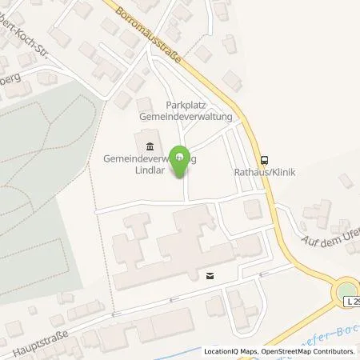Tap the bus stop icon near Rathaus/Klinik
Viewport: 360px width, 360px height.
[x=265, y=158]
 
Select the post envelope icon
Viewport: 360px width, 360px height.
[x=210, y=275]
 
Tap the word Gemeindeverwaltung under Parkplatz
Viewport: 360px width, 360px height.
[x=185, y=117]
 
